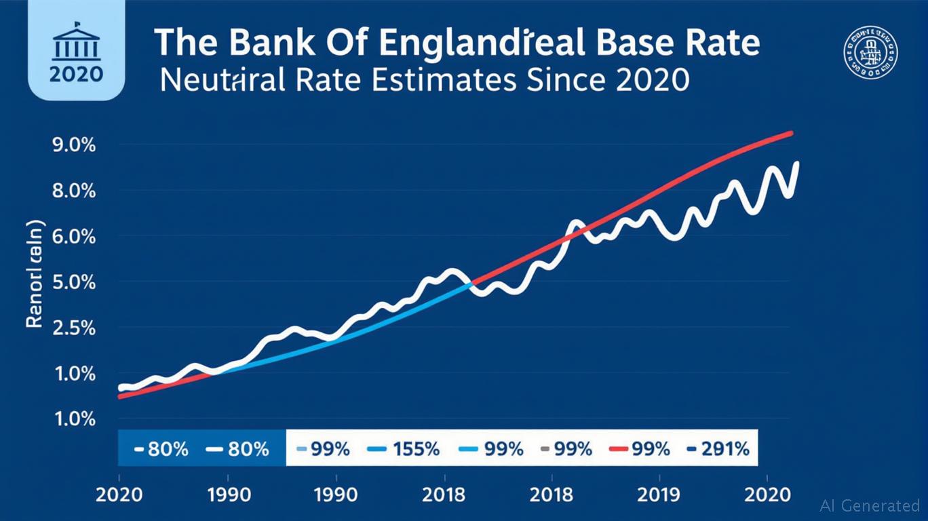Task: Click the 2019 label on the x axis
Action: [657, 495]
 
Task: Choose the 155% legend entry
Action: [403, 448]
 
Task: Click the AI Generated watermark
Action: [870, 505]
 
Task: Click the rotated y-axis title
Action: [35, 275]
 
